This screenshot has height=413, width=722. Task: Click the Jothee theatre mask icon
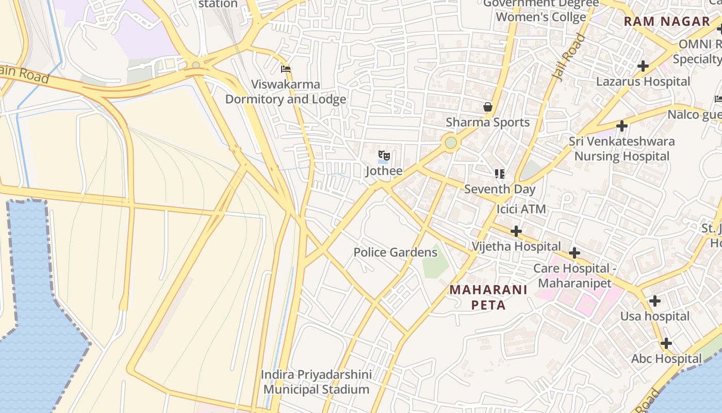384,155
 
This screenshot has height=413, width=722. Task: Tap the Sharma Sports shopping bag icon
488,107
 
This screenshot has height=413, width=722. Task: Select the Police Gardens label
395,252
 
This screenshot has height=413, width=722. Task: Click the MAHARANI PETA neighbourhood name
488,297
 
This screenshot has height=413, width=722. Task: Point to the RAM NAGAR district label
667,21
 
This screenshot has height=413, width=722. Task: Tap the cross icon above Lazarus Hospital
643,66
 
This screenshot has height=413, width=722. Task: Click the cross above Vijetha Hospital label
516,231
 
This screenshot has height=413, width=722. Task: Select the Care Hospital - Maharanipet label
575,276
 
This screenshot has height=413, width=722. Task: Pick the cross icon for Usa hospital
654,301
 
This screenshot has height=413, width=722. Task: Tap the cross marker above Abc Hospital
666,343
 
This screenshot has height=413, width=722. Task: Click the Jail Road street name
569,57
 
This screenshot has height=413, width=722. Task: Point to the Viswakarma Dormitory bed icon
286,69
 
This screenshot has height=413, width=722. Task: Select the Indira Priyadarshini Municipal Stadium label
316,382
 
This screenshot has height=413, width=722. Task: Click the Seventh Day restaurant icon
499,174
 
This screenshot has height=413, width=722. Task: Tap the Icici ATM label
521,209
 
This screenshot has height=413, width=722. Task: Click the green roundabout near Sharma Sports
451,142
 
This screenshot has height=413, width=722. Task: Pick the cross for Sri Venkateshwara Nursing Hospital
621,126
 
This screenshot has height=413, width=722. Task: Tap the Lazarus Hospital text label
643,82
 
